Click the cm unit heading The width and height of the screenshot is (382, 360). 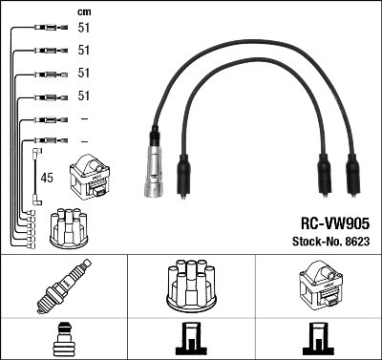(83, 11)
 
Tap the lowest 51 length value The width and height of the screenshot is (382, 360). (83, 96)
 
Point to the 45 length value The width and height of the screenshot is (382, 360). (47, 177)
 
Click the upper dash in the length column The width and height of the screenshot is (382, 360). (83, 118)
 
